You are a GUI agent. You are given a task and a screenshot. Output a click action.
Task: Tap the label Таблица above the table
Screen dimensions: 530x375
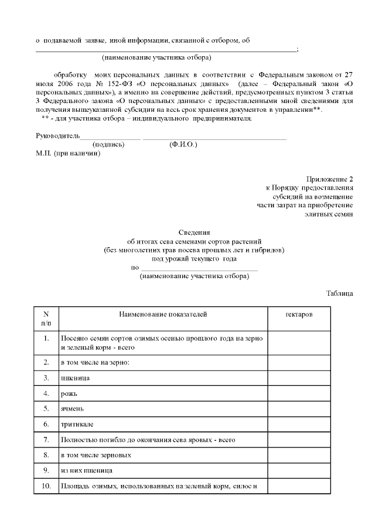pos(340,293)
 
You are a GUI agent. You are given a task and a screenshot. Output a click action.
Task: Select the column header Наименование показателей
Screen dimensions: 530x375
pos(163,314)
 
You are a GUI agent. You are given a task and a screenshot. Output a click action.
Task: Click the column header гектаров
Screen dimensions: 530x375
pos(299,314)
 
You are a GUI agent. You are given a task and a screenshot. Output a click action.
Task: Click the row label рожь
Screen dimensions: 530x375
pos(69,393)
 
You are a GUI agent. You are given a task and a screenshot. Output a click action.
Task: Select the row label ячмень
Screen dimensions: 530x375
pos(73,408)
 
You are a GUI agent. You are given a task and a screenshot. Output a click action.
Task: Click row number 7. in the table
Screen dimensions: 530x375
pos(46,439)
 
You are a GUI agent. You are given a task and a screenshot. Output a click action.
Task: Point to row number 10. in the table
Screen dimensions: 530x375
pos(46,485)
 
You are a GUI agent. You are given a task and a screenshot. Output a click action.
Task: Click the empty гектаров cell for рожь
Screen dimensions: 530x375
pos(299,393)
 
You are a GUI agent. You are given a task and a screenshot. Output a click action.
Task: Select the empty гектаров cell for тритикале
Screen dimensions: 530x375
pos(299,423)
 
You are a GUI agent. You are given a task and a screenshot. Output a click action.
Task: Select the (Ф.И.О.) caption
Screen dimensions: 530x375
pos(183,145)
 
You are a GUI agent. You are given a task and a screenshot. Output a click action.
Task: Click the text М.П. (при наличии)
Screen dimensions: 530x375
pos(69,153)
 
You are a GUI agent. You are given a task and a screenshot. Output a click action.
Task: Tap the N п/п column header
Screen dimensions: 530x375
pos(46,319)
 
